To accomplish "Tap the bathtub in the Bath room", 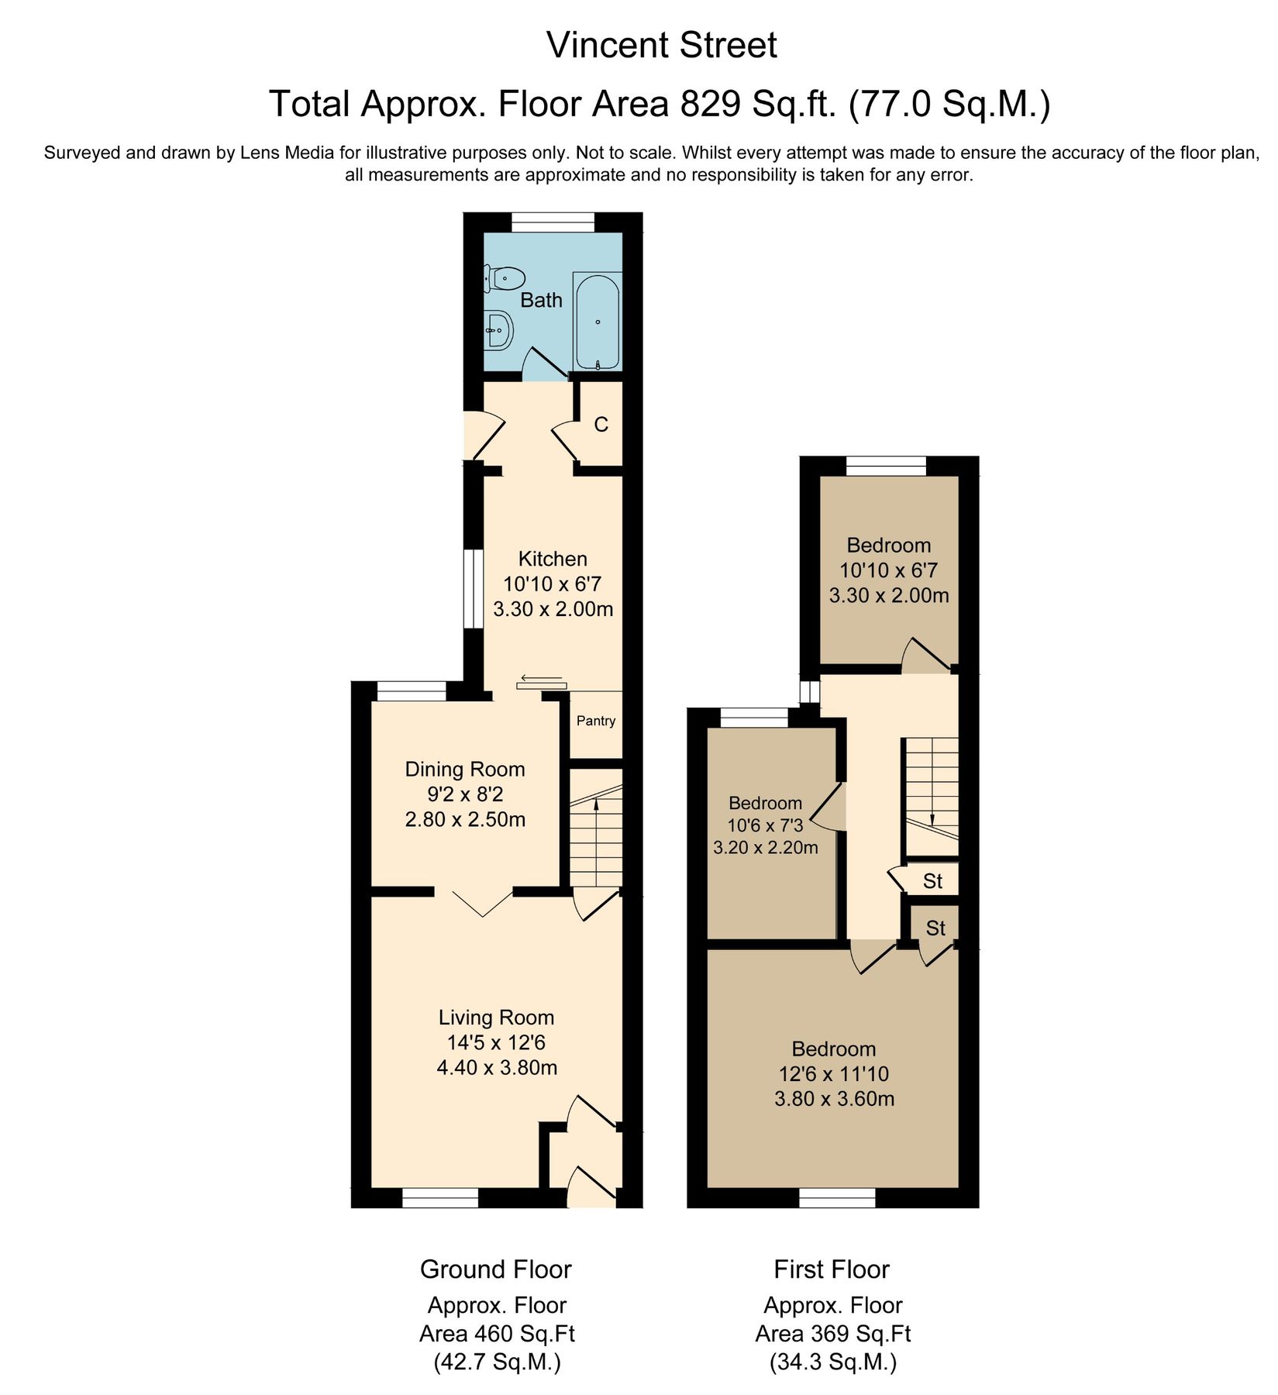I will click(x=597, y=322).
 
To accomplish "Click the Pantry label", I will click(x=596, y=721).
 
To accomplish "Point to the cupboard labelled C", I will click(x=601, y=425).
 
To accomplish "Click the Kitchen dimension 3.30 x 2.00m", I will click(x=553, y=609).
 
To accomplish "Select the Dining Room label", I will click(x=465, y=770).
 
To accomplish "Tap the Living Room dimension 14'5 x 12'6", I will click(x=496, y=1042).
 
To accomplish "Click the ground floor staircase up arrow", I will click(x=596, y=806).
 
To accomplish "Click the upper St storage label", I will click(x=932, y=881).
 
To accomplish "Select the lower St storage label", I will click(x=935, y=928).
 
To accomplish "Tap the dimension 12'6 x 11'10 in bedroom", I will click(x=834, y=1074).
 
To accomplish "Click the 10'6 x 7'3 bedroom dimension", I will click(x=765, y=825).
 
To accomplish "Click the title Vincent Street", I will click(x=661, y=45).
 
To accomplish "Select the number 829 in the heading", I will click(x=709, y=104).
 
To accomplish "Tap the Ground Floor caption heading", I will click(x=496, y=1269).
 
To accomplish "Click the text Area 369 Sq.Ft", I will click(x=833, y=1334).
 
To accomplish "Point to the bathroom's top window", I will click(x=553, y=222).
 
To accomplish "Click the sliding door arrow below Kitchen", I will click(x=542, y=679).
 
